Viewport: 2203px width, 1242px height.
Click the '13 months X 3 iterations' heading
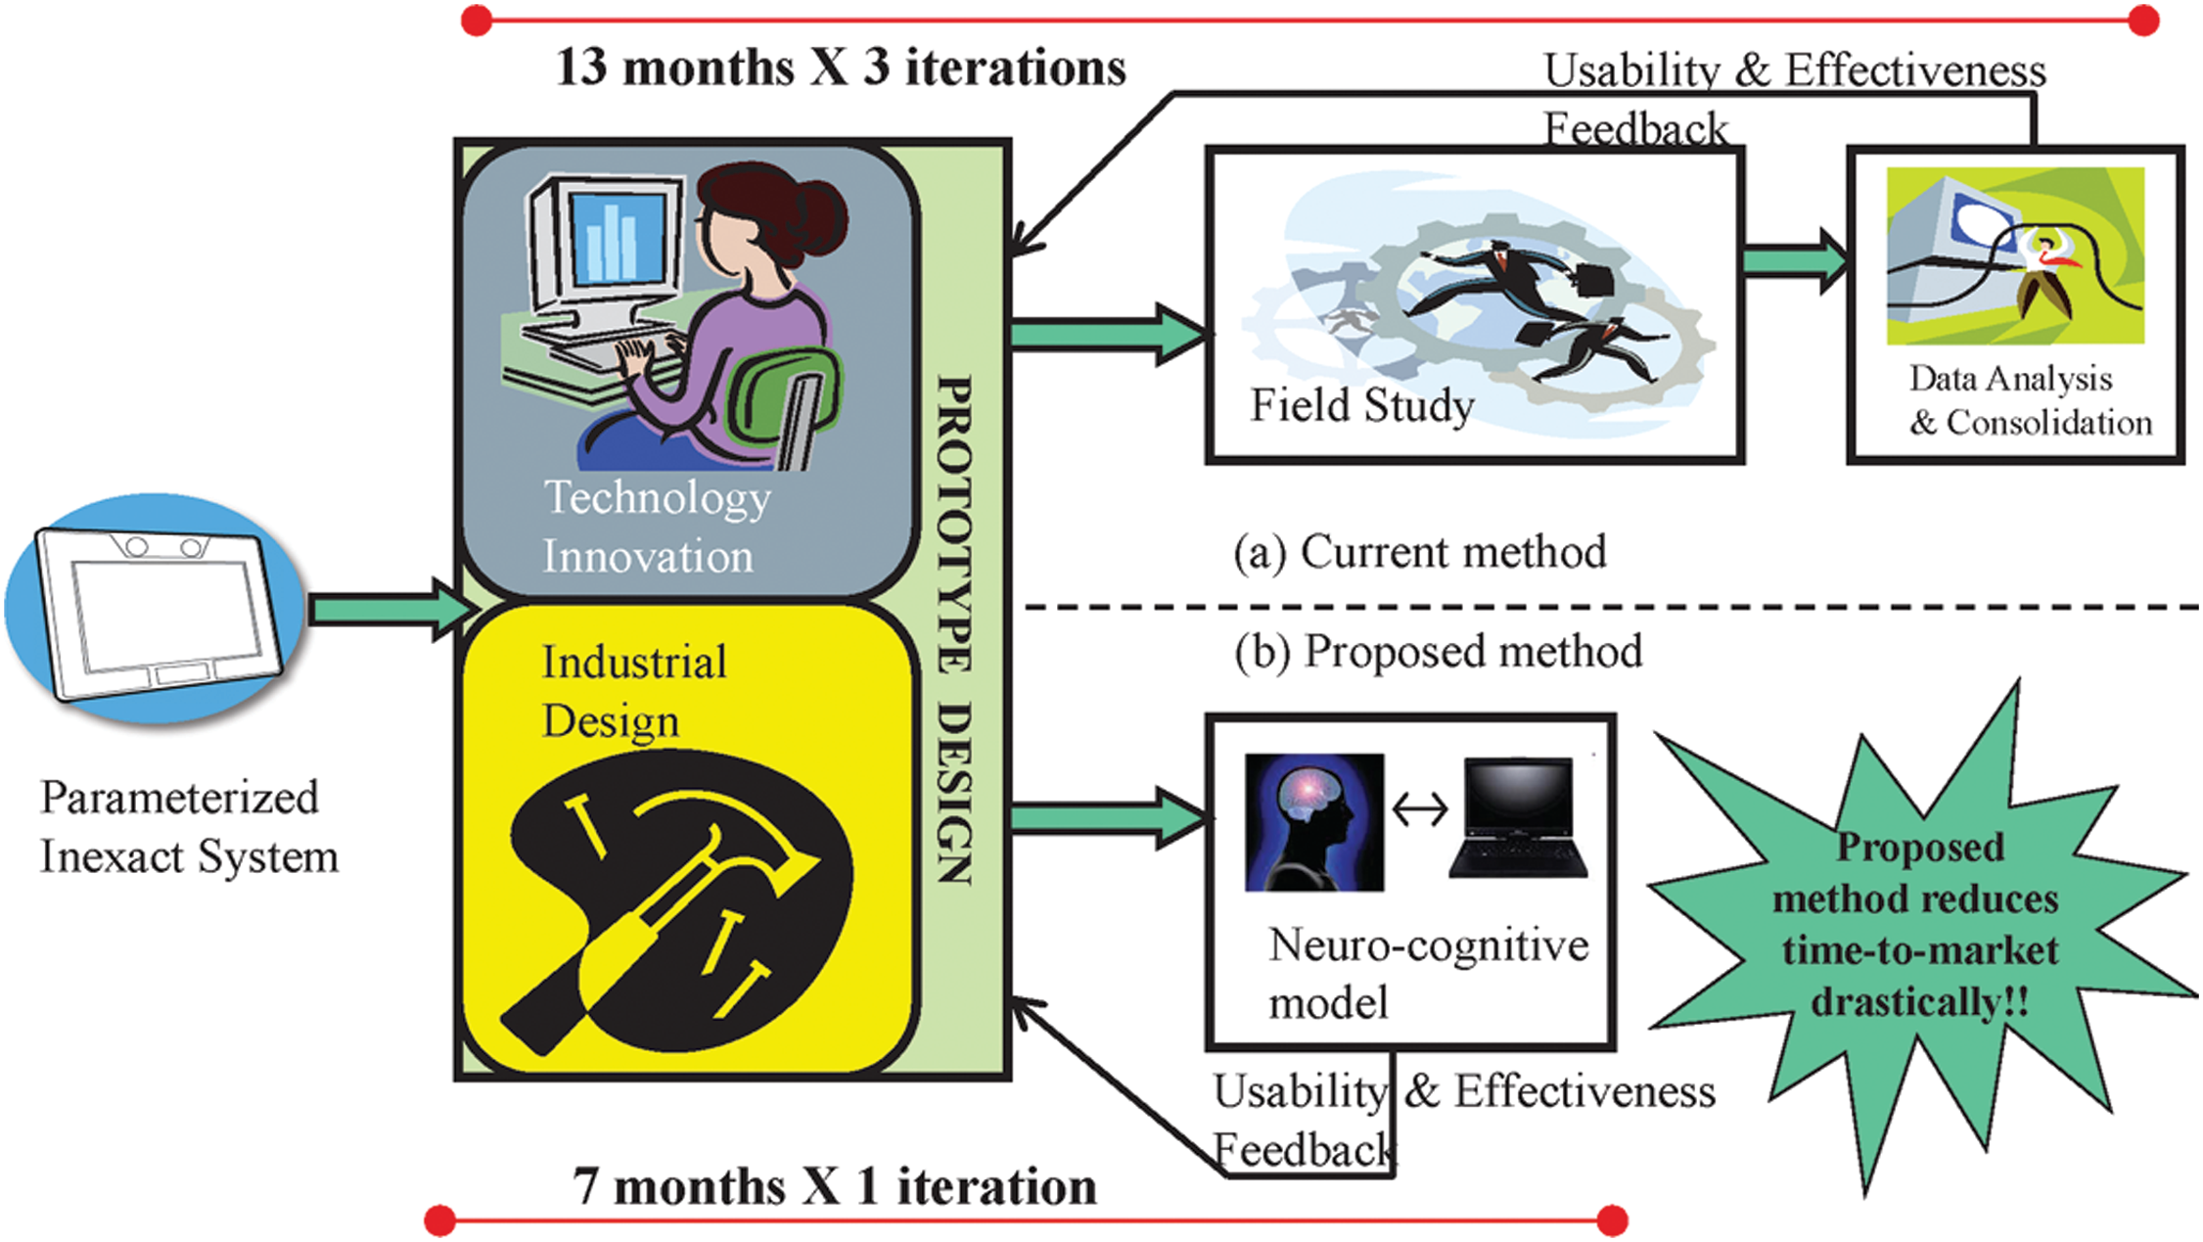[x=841, y=69]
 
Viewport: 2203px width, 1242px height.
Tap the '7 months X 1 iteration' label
[x=834, y=1186]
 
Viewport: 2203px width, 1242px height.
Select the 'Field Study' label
[x=1361, y=405]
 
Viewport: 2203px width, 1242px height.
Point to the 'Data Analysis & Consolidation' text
[x=2029, y=400]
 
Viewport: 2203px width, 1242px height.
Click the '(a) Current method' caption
[x=1419, y=552]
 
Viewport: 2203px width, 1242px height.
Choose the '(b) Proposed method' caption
[x=1438, y=652]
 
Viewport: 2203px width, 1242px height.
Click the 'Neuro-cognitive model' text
[x=1427, y=974]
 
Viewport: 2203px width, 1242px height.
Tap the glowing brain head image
[x=1313, y=821]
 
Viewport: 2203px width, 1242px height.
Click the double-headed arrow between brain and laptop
[x=1419, y=809]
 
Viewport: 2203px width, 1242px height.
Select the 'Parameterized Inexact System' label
[x=188, y=827]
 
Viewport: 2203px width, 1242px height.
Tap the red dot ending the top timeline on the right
[x=2142, y=20]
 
